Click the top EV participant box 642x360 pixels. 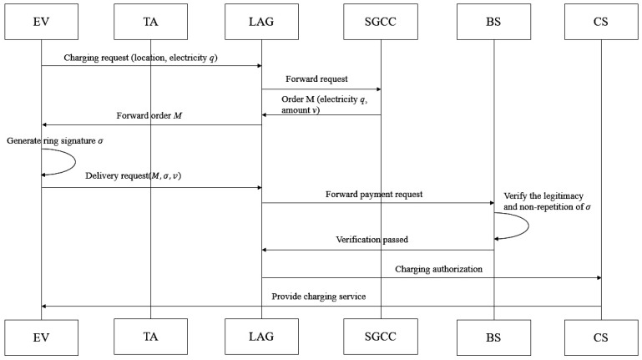coord(42,22)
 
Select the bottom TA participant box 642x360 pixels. coord(150,337)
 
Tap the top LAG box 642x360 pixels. coord(261,22)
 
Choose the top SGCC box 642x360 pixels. coord(381,22)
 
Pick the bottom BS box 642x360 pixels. coord(493,337)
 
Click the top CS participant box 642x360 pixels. coord(601,22)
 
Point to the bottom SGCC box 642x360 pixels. coord(381,337)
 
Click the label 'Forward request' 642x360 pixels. coord(316,79)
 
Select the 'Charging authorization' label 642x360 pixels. coord(438,269)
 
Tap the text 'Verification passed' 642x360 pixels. coord(372,240)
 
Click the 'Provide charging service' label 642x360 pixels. coord(319,297)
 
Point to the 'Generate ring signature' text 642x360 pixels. coord(51,141)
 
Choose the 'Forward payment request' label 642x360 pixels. coord(374,195)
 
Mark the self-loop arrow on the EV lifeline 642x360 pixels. coord(75,162)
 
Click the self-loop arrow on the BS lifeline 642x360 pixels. coord(528,226)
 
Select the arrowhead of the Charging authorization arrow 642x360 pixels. coord(599,277)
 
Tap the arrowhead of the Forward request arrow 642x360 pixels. coord(379,89)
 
